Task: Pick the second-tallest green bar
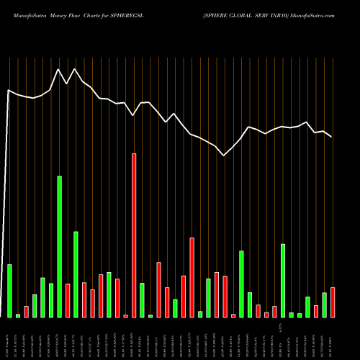[76, 274]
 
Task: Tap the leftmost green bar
[9, 291]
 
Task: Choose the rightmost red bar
[333, 302]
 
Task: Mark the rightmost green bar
[324, 305]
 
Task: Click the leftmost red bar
[26, 312]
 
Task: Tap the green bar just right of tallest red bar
[142, 300]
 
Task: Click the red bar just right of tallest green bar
[68, 300]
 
